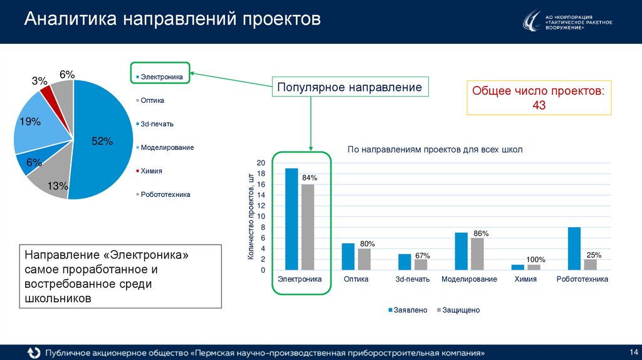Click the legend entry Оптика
point(152,100)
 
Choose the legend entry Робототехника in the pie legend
point(165,194)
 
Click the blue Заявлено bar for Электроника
point(292,220)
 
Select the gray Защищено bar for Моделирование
point(477,254)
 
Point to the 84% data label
point(310,178)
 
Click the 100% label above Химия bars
point(535,260)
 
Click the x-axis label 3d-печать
point(413,279)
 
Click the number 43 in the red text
point(539,105)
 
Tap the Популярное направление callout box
point(350,87)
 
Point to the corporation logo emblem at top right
point(532,22)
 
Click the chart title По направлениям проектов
point(434,149)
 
